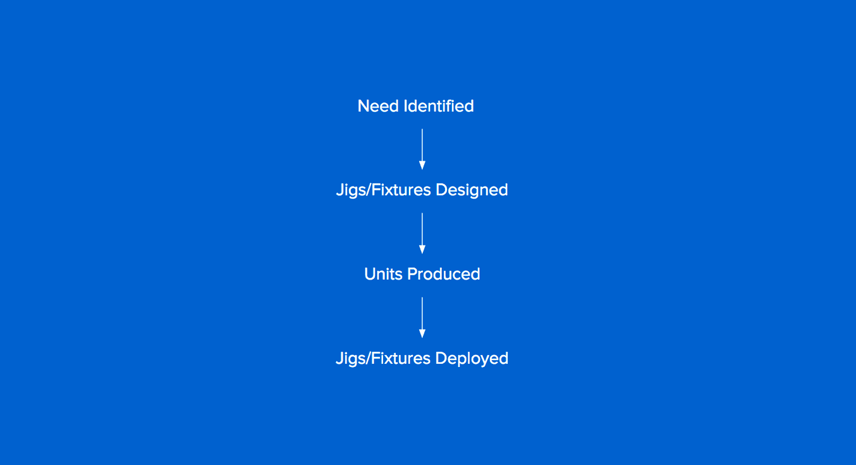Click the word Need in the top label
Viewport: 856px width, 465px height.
pyautogui.click(x=378, y=106)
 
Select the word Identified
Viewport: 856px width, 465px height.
pyautogui.click(x=439, y=106)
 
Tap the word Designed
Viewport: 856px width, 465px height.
pyautogui.click(x=472, y=190)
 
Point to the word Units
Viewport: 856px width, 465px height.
pyautogui.click(x=383, y=274)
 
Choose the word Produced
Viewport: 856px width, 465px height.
pyautogui.click(x=444, y=274)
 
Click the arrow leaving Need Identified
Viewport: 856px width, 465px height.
pyautogui.click(x=422, y=149)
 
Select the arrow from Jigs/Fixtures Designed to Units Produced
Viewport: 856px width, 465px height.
pyautogui.click(x=422, y=233)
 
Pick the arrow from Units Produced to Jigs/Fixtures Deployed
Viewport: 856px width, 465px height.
pyautogui.click(x=422, y=318)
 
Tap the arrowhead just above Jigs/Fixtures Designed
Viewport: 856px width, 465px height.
pyautogui.click(x=422, y=166)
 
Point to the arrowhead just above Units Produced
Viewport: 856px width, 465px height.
pyautogui.click(x=422, y=250)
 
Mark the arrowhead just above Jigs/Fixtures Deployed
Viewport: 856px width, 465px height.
pyautogui.click(x=422, y=334)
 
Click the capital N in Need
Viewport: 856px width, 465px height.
pyautogui.click(x=364, y=106)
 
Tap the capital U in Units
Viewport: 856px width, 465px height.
pyautogui.click(x=370, y=274)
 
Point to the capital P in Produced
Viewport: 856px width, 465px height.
pyautogui.click(x=412, y=274)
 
